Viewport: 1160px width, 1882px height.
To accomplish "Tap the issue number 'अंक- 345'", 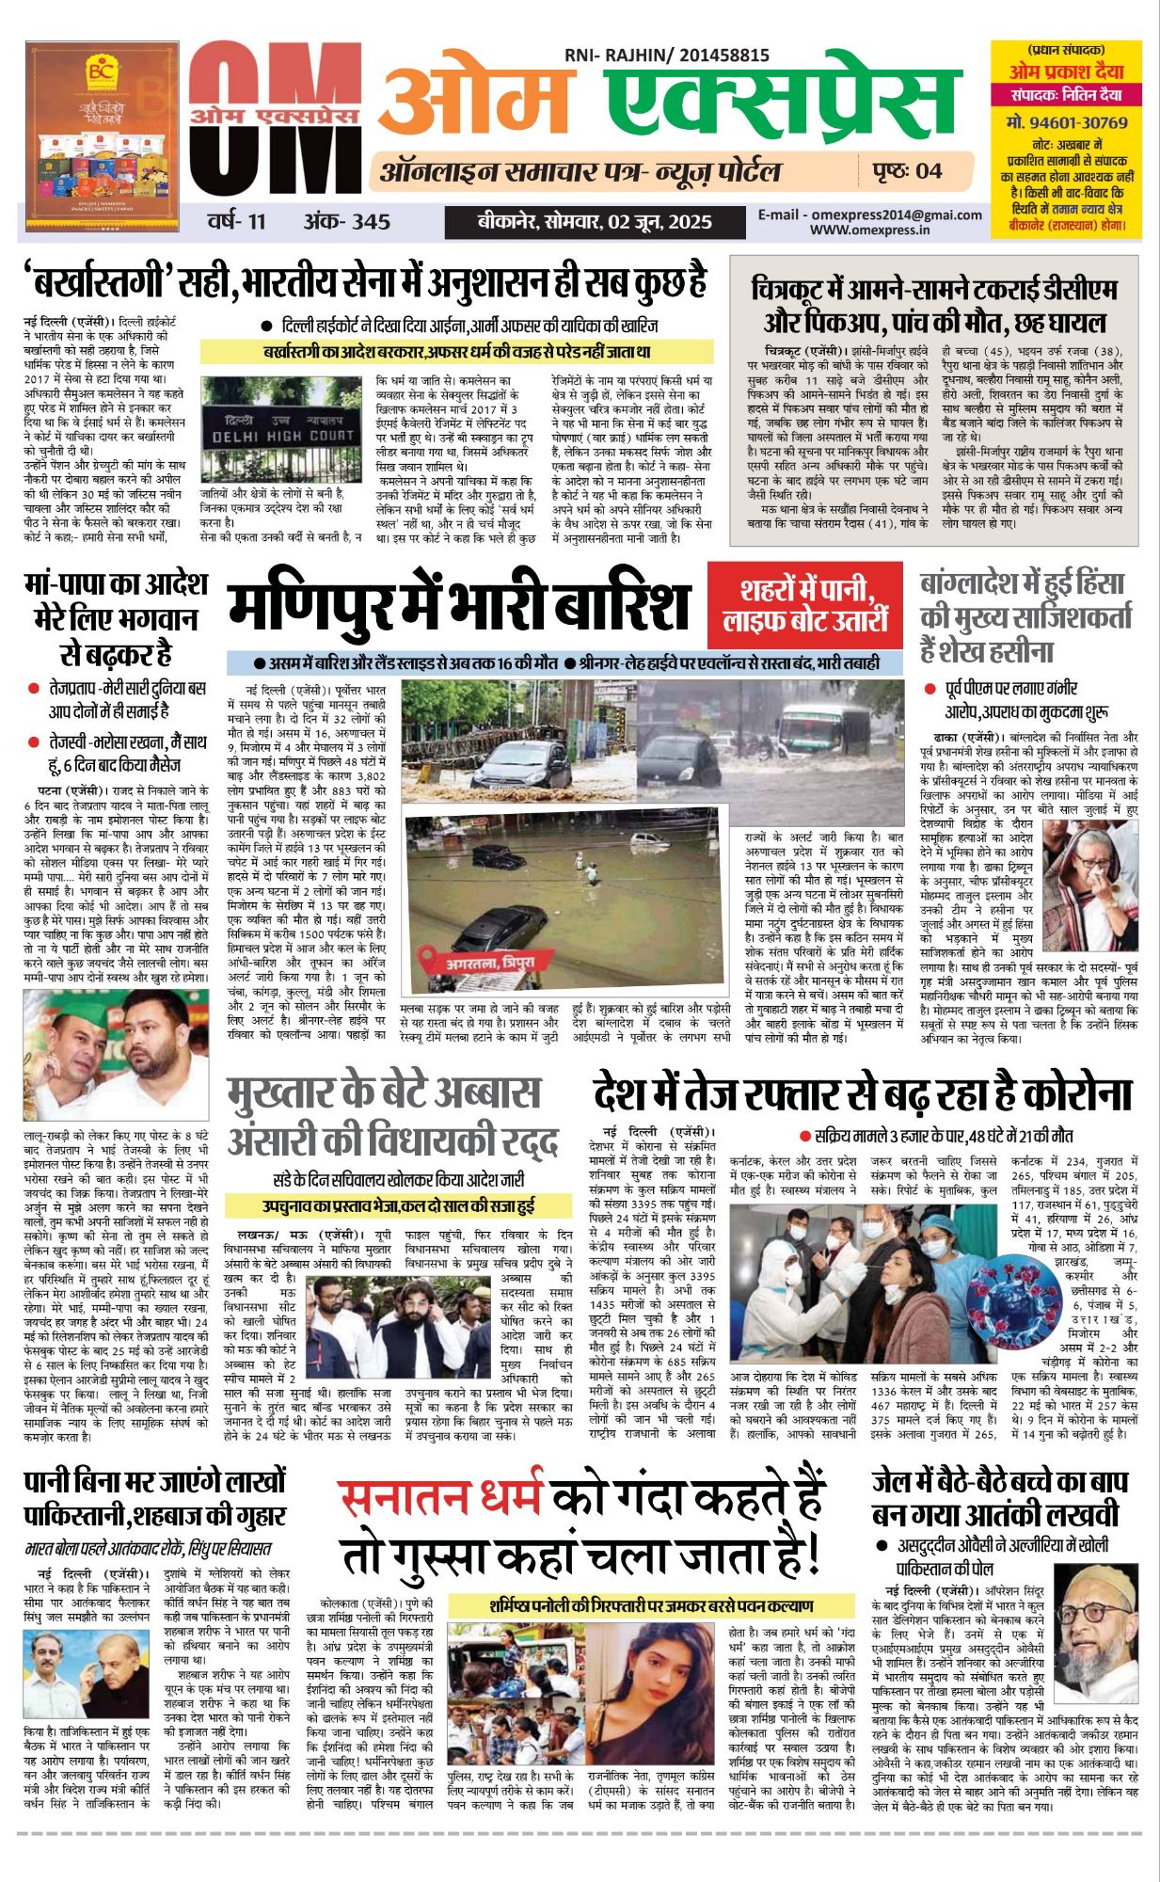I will (x=345, y=222).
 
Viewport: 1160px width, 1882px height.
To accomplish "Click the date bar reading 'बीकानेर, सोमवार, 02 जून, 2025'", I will (x=594, y=222).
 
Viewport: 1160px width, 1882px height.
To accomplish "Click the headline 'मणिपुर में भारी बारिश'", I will (x=459, y=607).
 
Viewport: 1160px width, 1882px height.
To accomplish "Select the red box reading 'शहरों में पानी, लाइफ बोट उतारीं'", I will (x=805, y=605).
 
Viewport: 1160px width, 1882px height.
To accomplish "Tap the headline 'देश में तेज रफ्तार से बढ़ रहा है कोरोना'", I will (x=862, y=1094).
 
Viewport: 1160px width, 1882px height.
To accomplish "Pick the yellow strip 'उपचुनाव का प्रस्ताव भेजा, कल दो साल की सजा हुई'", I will (x=399, y=1205).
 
